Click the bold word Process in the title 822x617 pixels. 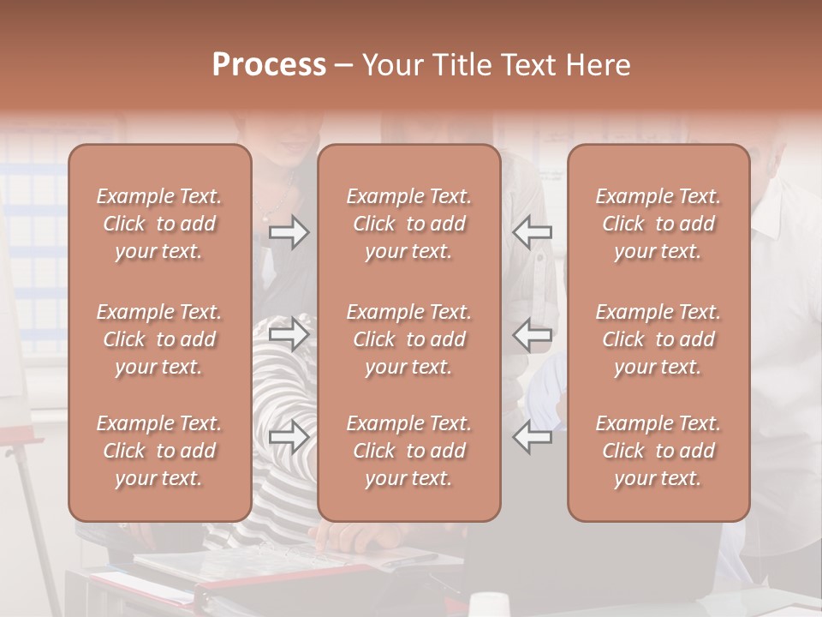click(269, 65)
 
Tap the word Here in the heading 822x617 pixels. click(597, 65)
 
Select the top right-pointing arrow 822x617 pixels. click(289, 231)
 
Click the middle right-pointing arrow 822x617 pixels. click(289, 333)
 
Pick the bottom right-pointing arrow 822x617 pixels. click(289, 436)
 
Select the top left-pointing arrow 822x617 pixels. click(533, 231)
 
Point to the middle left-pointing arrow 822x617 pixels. click(533, 333)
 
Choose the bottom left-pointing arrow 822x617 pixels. click(533, 436)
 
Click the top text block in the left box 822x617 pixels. click(159, 224)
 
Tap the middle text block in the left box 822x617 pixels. click(159, 339)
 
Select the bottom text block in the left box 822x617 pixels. click(159, 451)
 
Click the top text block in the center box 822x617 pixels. click(408, 224)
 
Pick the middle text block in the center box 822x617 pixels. click(408, 339)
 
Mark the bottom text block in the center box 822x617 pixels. click(408, 451)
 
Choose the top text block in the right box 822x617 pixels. click(658, 224)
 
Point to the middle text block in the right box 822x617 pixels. click(658, 339)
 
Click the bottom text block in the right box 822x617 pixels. click(658, 451)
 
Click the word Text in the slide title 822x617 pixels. click(531, 65)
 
